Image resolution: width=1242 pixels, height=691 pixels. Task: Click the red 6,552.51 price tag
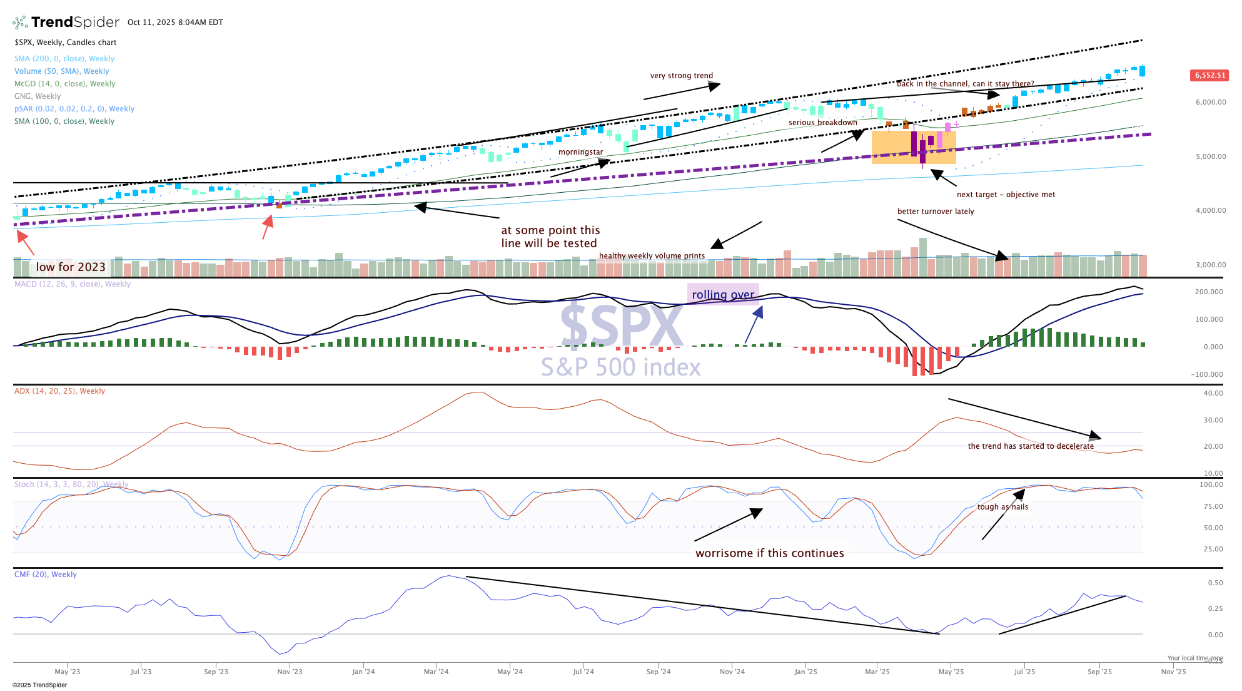1209,75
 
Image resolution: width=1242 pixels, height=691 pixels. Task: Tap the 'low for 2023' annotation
71,267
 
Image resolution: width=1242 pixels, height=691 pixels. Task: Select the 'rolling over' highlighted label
723,294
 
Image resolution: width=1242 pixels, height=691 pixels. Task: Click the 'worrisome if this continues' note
769,553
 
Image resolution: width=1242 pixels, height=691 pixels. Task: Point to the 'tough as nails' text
1002,507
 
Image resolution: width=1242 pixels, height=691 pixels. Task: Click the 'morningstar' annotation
580,152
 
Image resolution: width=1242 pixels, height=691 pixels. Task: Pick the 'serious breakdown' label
822,123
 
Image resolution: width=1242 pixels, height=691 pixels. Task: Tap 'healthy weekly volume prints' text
652,256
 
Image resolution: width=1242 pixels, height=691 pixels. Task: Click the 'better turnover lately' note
936,212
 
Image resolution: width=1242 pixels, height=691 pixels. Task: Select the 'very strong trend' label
681,76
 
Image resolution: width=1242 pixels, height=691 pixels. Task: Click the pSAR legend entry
74,109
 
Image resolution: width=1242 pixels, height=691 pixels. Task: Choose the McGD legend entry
65,84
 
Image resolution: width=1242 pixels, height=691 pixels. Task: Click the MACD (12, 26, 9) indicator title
73,284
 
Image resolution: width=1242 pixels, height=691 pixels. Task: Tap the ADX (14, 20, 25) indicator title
60,391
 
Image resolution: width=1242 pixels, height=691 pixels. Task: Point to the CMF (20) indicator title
46,575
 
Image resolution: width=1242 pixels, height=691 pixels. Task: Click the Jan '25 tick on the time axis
805,672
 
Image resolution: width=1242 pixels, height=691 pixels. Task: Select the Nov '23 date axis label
290,672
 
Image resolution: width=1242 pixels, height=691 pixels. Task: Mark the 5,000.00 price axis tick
1211,156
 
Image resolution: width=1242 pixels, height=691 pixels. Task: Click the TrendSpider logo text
75,23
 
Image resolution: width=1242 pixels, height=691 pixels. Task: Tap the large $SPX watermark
621,325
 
